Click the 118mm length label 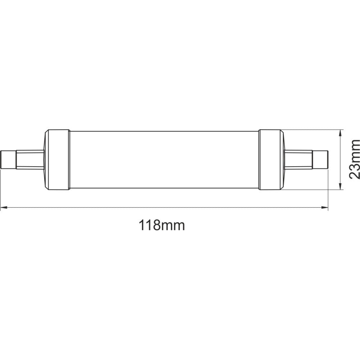[162, 226]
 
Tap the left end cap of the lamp [57, 159]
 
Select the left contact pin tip [8, 159]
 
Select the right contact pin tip [321, 159]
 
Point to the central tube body [164, 159]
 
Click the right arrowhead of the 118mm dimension [325, 207]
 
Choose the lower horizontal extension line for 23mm [313, 189]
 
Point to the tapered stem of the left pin [30, 159]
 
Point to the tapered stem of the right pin [299, 159]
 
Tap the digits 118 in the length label [149, 226]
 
